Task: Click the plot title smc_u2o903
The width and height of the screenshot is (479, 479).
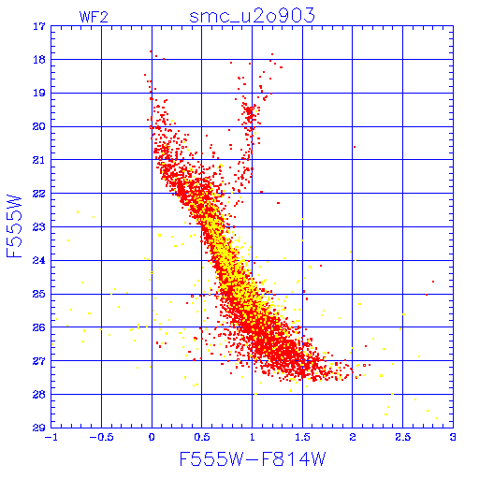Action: coord(252,16)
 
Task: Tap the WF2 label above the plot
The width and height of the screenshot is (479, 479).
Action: coord(94,17)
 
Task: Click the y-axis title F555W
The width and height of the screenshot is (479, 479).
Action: coord(14,226)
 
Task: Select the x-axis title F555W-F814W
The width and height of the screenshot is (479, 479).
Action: coord(253,458)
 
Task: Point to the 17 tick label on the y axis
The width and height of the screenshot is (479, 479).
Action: coord(39,26)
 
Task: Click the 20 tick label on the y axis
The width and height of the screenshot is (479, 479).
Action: coord(39,126)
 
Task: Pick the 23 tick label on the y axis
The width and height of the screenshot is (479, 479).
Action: coord(39,227)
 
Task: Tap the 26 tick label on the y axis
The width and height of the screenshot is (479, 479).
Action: coord(39,327)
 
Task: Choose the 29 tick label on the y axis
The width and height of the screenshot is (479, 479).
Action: coord(39,428)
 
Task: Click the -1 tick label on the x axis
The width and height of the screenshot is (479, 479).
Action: coord(50,437)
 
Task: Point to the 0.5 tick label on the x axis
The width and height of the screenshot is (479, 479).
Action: coord(202,437)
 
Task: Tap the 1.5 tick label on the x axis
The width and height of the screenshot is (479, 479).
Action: coord(302,437)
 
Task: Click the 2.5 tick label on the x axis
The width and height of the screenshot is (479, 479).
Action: coord(402,437)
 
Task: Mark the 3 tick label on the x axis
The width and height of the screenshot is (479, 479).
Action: coord(453,437)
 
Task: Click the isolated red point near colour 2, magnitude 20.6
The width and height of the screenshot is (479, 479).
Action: coord(355,147)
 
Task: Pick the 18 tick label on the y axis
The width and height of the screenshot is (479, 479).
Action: coord(39,60)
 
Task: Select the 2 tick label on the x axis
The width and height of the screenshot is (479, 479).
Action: coord(353,437)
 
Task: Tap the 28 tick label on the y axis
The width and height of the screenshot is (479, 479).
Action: coord(39,395)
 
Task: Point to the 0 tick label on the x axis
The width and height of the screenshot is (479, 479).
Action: coord(152,437)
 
